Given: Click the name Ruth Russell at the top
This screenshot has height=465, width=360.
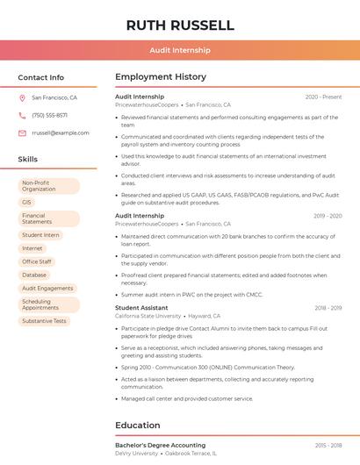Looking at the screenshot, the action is (180, 25).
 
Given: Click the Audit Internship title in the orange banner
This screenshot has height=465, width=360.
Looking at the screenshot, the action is (180, 51).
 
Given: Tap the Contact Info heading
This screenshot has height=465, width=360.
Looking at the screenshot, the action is (40, 77).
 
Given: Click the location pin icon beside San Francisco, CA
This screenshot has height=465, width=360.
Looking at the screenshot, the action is (22, 98).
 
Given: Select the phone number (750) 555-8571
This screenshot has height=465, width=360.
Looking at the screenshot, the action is (49, 115).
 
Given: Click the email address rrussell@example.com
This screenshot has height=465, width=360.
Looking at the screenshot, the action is (60, 132).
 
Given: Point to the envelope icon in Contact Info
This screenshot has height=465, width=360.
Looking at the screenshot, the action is (22, 132).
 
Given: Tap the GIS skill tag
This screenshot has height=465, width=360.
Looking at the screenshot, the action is (27, 202).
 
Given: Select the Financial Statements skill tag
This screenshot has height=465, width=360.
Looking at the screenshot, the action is (38, 218).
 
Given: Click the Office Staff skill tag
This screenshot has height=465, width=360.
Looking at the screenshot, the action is (37, 261).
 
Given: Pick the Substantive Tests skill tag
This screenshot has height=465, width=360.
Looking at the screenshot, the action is (44, 321).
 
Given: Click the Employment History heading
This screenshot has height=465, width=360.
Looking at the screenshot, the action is (161, 77).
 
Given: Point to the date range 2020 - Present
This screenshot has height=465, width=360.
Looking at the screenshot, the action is (323, 97).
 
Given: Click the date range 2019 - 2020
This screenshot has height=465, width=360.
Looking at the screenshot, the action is (328, 215).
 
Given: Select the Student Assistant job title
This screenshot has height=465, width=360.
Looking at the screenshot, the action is (141, 308).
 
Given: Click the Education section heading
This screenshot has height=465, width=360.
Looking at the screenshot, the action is (138, 426).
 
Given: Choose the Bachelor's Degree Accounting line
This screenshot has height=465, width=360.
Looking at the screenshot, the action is (161, 446).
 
